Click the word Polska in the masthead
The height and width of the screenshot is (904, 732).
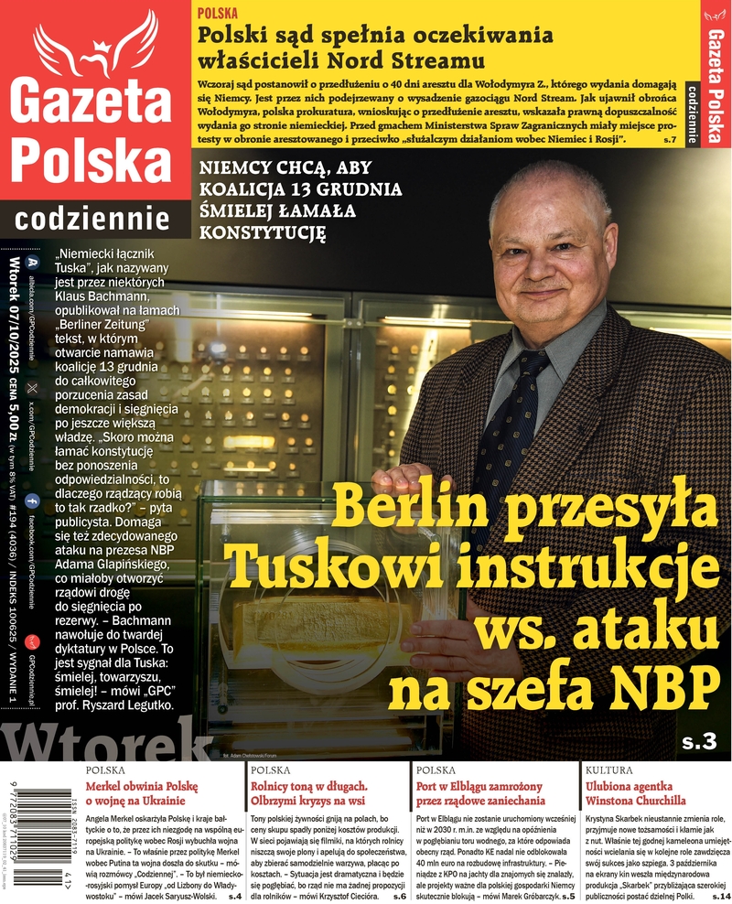pyautogui.click(x=94, y=162)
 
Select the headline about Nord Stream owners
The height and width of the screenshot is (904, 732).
pyautogui.click(x=376, y=48)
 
